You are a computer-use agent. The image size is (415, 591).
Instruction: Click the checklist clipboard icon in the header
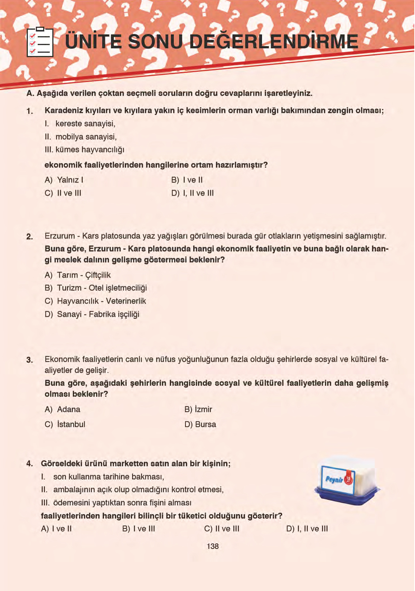pos(40,42)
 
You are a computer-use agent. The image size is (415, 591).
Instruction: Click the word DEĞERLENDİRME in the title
pos(274,41)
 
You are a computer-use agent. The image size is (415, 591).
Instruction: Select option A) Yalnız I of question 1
pos(64,180)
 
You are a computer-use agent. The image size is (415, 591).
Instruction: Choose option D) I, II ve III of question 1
pos(192,193)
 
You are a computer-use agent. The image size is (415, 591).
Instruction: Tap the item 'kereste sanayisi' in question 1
pos(85,124)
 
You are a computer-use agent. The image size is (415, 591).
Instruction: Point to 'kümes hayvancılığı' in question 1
pos(90,150)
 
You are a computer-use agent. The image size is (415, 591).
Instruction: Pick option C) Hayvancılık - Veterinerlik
pos(95,301)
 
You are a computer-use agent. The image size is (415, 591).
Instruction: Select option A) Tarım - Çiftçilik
pos(78,275)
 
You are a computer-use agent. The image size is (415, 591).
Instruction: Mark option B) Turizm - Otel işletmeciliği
pos(96,288)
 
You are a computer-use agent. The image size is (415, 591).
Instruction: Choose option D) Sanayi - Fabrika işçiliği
pos(92,314)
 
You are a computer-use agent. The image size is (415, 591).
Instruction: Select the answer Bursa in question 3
pos(200,424)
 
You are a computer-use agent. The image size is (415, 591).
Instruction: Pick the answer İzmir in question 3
pos(198,409)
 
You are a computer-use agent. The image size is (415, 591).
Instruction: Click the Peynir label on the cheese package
pos(334,479)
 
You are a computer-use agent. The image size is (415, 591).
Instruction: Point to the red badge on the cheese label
pos(348,479)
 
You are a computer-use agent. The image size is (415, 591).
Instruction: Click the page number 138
pos(213,546)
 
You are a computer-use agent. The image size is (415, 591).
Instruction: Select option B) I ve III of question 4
pos(139,528)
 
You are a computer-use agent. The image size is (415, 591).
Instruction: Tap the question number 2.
pos(30,236)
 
